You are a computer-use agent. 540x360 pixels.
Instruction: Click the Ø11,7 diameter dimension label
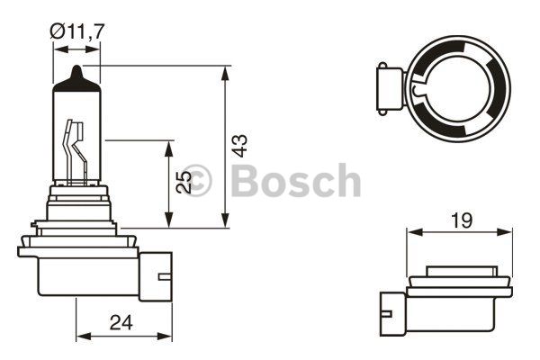pyautogui.click(x=76, y=31)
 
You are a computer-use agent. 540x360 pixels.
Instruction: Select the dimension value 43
pyautogui.click(x=239, y=146)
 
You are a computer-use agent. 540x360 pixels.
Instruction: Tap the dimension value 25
pyautogui.click(x=184, y=182)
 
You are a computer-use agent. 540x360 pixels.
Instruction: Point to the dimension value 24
pyautogui.click(x=121, y=323)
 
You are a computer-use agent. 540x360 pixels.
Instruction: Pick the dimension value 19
pyautogui.click(x=462, y=220)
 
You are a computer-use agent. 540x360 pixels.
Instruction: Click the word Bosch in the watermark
pyautogui.click(x=296, y=180)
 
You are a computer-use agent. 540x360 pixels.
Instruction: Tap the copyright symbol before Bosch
pyautogui.click(x=196, y=180)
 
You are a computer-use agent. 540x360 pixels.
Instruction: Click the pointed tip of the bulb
pyautogui.click(x=77, y=66)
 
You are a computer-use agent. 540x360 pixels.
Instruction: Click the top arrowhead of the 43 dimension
pyautogui.click(x=225, y=74)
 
